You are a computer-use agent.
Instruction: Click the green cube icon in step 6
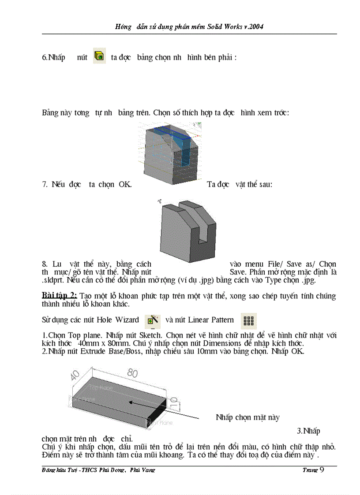point(99,56)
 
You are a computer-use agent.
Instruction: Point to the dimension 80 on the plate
point(132,373)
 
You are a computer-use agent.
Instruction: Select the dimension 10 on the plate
point(173,401)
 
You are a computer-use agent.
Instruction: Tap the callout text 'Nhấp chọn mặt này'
point(247,417)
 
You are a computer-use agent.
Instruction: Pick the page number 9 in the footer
point(321,469)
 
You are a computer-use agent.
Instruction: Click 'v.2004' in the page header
point(253,27)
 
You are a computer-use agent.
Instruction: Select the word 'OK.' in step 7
point(125,184)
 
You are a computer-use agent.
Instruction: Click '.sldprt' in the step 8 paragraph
point(52,280)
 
